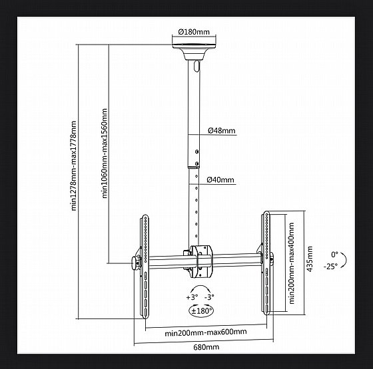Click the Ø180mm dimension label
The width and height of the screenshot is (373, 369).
(x=194, y=32)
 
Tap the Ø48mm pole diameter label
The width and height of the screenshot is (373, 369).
(x=221, y=130)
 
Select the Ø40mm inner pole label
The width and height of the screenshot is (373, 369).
(x=220, y=180)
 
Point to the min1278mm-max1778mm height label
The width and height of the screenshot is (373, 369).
(x=74, y=166)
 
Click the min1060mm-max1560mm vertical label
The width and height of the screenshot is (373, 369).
(x=105, y=154)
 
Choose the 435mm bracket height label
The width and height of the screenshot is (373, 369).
(x=310, y=259)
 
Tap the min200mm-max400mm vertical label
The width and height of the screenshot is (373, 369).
(x=292, y=263)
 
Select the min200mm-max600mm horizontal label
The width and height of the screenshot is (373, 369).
(x=206, y=332)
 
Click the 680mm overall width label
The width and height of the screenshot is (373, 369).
(x=206, y=347)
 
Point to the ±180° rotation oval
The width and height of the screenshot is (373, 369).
(x=201, y=311)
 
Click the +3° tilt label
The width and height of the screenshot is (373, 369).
(x=192, y=297)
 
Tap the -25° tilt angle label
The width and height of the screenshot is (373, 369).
(x=330, y=267)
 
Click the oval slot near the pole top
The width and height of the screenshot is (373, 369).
(x=196, y=66)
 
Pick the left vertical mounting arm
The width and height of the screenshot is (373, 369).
(x=145, y=266)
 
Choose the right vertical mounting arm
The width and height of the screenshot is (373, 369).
(x=266, y=263)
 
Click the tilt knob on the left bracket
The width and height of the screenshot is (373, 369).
(x=136, y=263)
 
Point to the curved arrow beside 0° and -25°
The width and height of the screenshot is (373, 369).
(x=344, y=260)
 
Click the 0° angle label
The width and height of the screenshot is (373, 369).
(x=334, y=255)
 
